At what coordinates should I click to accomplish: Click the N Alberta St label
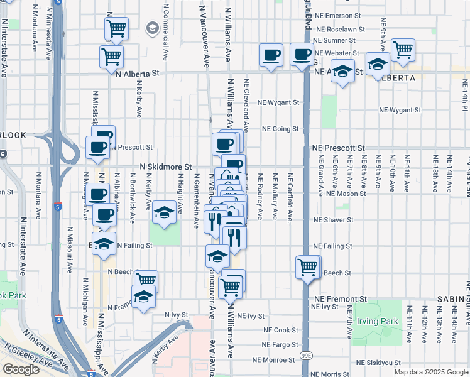[138, 73]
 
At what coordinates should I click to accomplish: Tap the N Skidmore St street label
[166, 167]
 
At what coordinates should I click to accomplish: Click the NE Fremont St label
[340, 299]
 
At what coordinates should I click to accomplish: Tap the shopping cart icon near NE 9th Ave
[403, 50]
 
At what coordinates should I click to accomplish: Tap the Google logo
[21, 369]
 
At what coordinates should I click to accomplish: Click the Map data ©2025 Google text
[431, 372]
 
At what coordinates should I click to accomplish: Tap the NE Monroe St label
[273, 360]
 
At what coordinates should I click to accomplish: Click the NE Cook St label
[281, 330]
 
